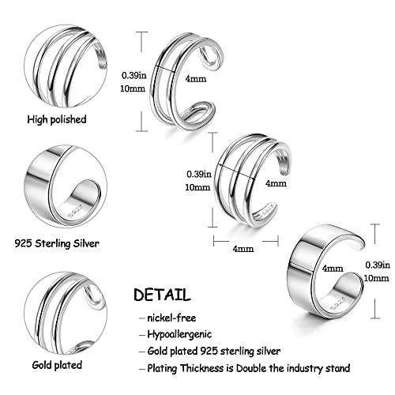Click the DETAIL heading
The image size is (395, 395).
(162, 295)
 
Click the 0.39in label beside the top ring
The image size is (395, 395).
(133, 76)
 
